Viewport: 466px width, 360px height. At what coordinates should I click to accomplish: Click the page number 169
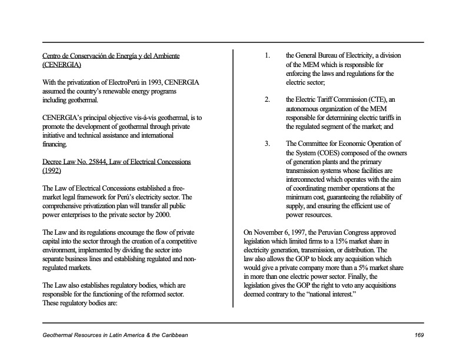tap(418, 335)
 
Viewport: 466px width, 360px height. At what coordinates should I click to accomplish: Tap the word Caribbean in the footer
tap(171, 335)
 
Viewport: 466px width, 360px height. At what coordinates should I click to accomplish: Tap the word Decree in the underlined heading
tap(53, 161)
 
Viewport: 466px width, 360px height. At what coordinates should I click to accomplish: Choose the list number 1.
tap(267, 56)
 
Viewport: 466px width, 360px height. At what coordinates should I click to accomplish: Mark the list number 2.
tap(267, 100)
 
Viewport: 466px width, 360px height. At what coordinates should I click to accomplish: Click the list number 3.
tap(267, 144)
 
